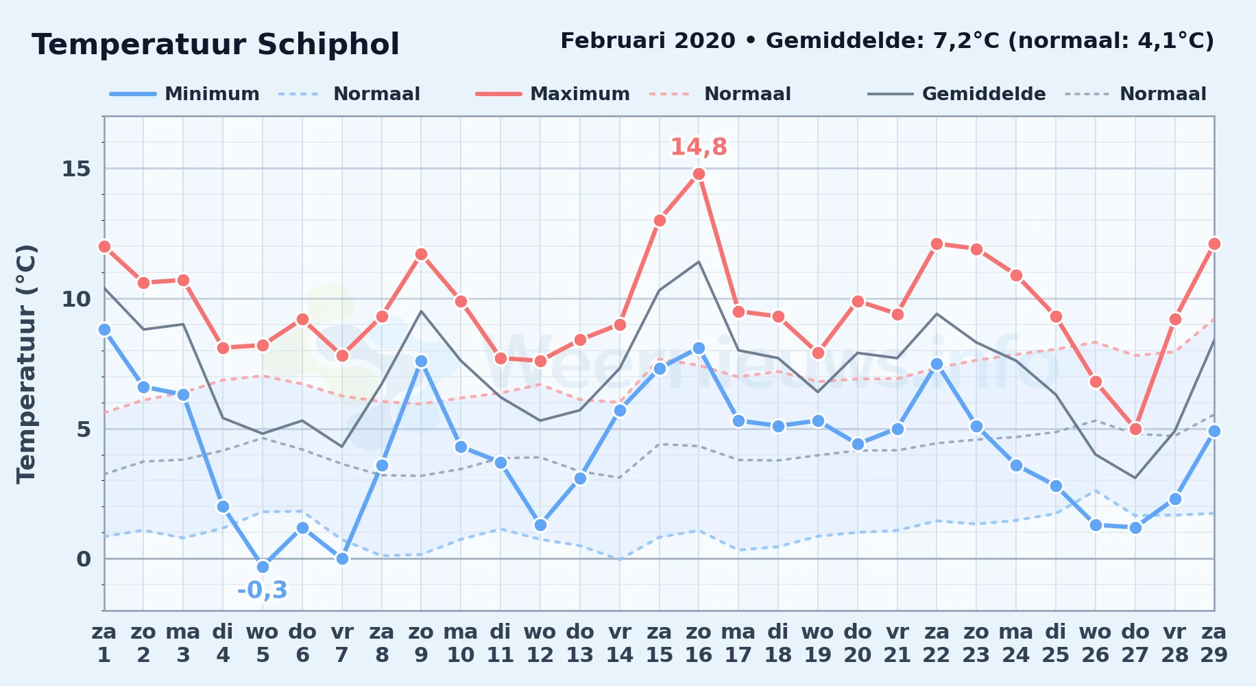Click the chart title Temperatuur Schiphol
(x=215, y=45)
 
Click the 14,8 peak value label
(x=699, y=147)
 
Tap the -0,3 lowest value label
(x=263, y=590)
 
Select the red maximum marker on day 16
(x=699, y=174)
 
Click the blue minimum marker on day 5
(x=263, y=567)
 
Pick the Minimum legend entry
(x=185, y=94)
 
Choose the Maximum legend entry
(x=553, y=94)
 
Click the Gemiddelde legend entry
(x=957, y=94)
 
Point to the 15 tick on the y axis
(x=76, y=169)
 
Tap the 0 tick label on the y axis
(x=84, y=559)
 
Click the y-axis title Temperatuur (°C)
(x=26, y=364)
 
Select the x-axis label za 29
(x=1214, y=643)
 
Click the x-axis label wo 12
(x=540, y=643)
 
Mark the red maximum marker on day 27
(x=1135, y=429)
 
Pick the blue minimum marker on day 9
(x=421, y=361)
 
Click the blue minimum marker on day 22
(x=937, y=364)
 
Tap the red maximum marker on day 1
(x=104, y=246)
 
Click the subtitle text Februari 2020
(x=648, y=41)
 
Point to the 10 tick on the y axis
(x=76, y=299)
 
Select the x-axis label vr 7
(x=342, y=643)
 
